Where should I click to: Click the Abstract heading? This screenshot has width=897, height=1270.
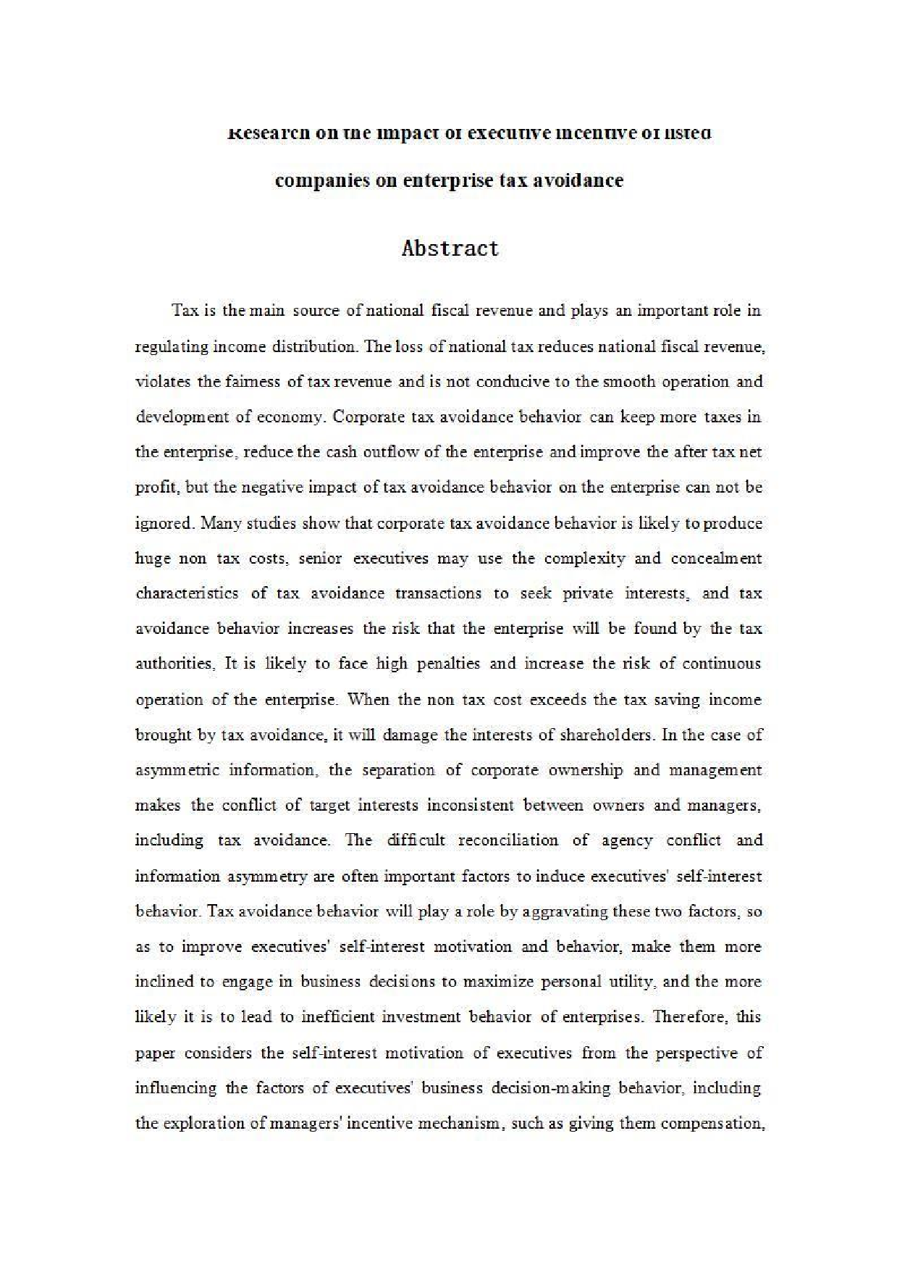tap(450, 248)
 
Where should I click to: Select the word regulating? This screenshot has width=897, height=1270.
tap(172, 346)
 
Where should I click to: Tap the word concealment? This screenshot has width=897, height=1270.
tap(716, 559)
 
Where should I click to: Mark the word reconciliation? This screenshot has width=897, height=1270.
tap(508, 840)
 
